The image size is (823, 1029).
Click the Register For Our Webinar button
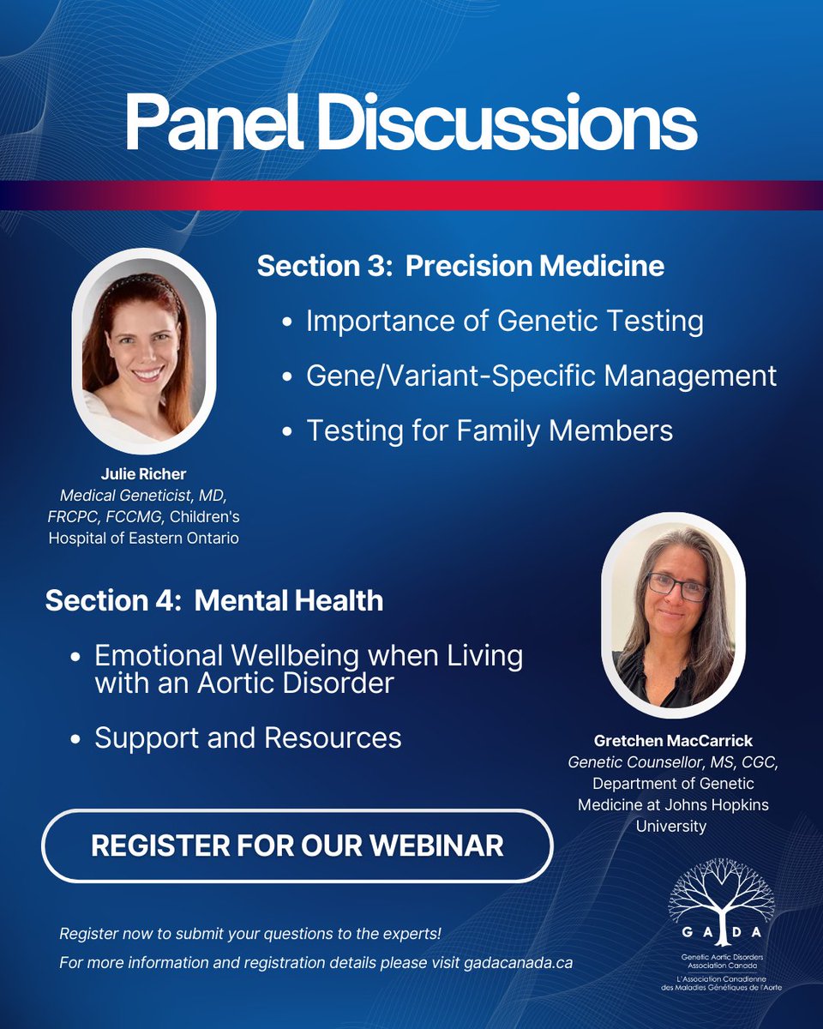297,845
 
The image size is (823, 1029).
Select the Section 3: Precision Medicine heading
460,266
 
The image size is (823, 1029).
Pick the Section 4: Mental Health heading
214,600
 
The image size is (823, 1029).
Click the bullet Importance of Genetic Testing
504,322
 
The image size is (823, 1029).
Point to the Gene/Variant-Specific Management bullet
541,376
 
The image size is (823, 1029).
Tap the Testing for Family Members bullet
490,430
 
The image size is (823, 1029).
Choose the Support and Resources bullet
248,737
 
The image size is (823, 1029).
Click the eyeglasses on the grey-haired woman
677,587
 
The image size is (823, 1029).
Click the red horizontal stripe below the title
411,195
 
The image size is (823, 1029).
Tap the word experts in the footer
415,933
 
